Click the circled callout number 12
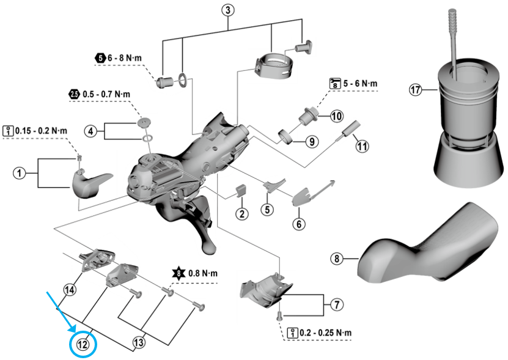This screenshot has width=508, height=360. (x=83, y=345)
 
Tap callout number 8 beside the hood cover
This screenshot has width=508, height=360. (x=336, y=259)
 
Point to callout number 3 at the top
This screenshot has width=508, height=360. (x=227, y=10)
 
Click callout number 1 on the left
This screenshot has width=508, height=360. (x=20, y=174)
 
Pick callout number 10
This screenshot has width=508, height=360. (x=337, y=116)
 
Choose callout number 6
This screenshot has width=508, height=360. (x=299, y=224)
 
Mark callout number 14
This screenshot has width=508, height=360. (x=70, y=290)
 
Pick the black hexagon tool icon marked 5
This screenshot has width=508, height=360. (x=100, y=57)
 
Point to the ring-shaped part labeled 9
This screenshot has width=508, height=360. (x=285, y=135)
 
